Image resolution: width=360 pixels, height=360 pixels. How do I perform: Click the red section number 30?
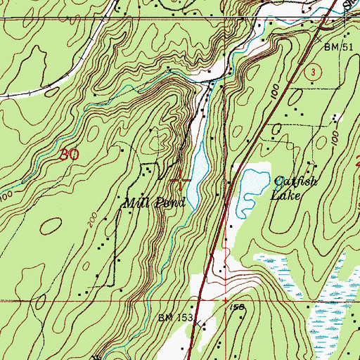(67, 156)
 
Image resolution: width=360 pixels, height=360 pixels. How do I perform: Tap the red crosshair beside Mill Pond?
(182, 182)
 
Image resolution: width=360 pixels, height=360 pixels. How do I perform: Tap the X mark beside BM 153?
(198, 325)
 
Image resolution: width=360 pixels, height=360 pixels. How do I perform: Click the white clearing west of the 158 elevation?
(205, 285)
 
